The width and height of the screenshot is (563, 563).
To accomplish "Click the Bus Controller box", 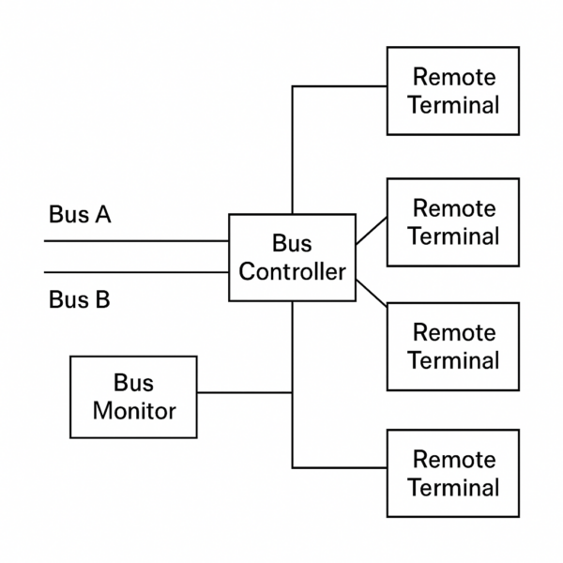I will click(293, 257).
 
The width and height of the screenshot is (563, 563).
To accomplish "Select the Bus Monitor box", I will click(134, 396).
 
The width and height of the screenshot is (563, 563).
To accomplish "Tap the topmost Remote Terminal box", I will click(453, 90).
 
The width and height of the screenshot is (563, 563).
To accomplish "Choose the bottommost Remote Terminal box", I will click(453, 473).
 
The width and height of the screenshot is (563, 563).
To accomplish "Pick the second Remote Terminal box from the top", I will click(453, 221).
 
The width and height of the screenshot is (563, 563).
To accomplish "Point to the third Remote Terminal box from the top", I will click(453, 346).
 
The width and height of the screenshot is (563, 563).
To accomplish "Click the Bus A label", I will click(80, 215).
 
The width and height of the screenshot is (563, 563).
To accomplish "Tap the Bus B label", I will click(79, 300).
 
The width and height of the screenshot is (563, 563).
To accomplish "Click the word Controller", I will click(293, 272).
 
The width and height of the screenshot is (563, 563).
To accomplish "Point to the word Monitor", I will click(134, 411).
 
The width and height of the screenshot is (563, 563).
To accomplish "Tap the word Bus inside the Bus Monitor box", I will click(134, 383).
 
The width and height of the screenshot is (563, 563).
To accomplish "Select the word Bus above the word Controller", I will click(292, 243).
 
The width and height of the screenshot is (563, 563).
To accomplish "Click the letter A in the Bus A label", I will click(102, 215).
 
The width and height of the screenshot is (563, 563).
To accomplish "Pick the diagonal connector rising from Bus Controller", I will click(372, 232).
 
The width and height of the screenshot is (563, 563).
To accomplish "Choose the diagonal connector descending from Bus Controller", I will click(372, 292).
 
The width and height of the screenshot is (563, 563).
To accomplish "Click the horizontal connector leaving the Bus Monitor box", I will click(244, 392).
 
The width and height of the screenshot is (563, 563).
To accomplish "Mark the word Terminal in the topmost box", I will click(453, 104).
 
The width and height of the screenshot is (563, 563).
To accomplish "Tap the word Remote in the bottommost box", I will click(454, 459).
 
